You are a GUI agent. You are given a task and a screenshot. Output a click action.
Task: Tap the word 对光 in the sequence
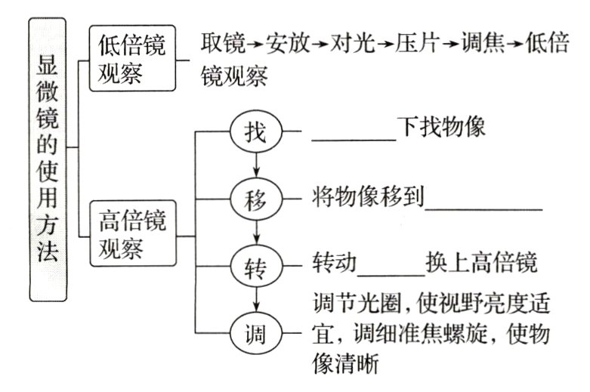tap(353, 44)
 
